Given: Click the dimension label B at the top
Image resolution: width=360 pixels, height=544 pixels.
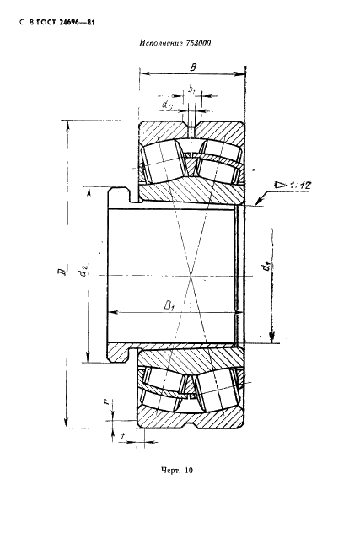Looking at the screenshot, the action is coord(193,67).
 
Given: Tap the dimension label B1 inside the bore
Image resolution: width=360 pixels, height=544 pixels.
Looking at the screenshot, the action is coord(169,305).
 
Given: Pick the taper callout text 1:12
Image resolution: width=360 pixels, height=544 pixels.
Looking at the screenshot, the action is coord(299,186).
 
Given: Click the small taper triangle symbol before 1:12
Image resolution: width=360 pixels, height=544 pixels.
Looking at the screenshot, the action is coord(280,185).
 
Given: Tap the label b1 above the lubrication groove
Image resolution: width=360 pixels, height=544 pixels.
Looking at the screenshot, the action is coord(191,89).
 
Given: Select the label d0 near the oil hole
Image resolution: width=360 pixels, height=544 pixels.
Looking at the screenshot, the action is coord(168,104).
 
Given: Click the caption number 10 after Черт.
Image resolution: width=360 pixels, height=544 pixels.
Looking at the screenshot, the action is coord(189,471).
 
